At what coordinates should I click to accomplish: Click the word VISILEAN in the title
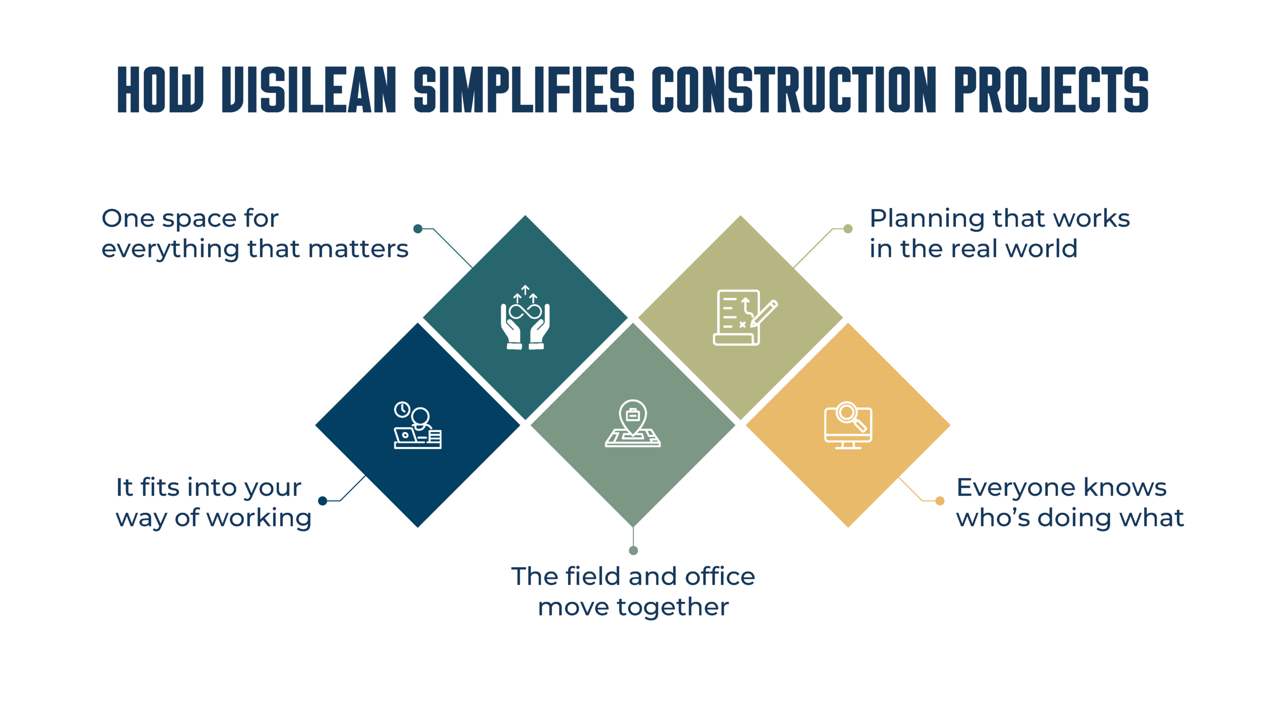pos(309,89)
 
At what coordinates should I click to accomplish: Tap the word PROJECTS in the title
pos(1051,89)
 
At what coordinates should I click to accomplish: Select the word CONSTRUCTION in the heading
pos(794,89)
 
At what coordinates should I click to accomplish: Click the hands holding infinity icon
pos(525,317)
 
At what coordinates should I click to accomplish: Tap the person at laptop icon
pos(418,425)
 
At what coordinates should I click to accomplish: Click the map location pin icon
pos(633,423)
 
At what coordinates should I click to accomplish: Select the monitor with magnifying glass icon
pos(848,425)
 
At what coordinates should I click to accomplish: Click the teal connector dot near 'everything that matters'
pos(418,228)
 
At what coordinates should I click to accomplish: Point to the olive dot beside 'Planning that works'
pos(848,228)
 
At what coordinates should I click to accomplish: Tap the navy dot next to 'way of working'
pos(323,501)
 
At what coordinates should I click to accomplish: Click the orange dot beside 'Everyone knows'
pos(940,501)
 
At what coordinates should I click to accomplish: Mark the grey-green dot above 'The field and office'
pos(633,550)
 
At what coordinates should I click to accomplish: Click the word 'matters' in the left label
pos(358,249)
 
